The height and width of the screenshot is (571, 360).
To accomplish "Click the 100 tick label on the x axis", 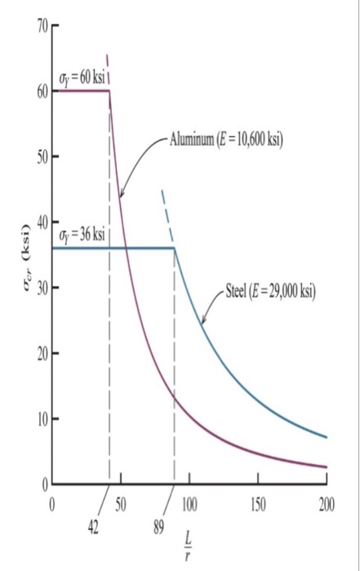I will click(189, 502).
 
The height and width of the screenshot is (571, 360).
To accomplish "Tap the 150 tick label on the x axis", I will click(258, 502).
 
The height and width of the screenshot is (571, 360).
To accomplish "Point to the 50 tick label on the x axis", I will click(121, 502).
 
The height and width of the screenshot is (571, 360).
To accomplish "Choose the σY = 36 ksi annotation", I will click(82, 235).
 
